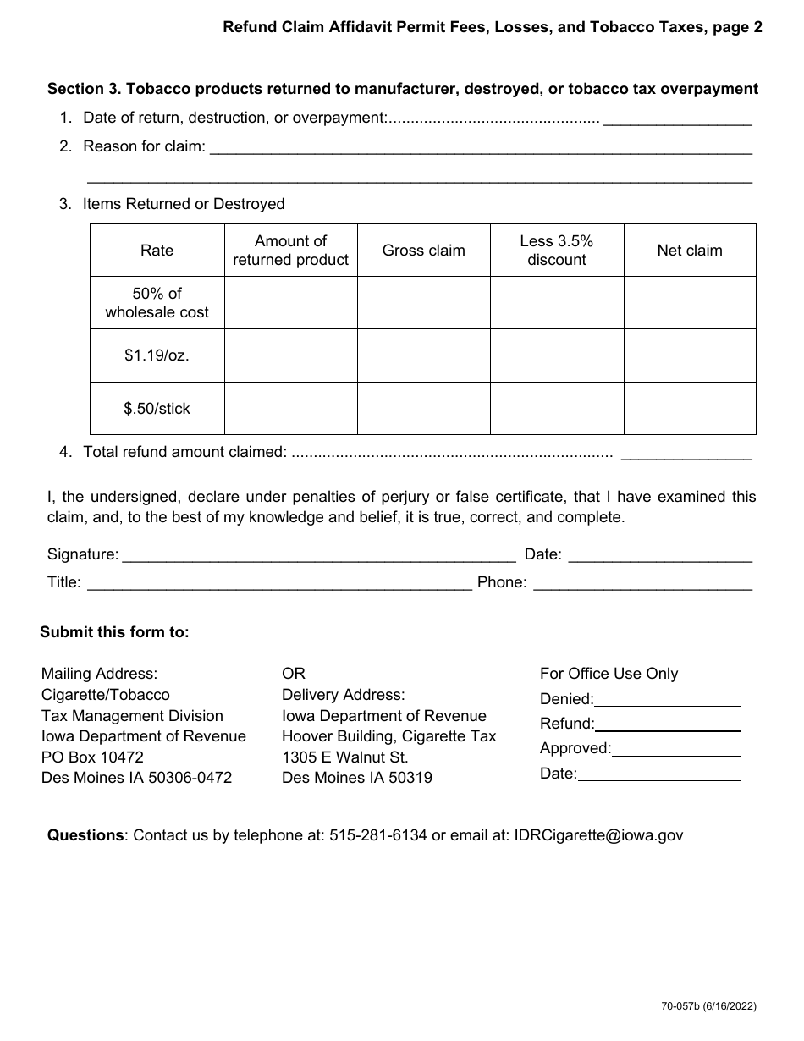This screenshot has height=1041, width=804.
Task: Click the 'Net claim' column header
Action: tap(690, 251)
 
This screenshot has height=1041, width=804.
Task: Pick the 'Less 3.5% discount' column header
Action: tap(557, 251)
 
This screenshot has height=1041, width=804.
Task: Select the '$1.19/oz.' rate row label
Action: tap(157, 355)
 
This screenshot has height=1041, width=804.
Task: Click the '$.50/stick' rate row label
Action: tap(157, 409)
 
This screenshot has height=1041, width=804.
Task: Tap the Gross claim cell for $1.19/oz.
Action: tap(424, 355)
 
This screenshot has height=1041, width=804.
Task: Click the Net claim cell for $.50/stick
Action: tap(690, 409)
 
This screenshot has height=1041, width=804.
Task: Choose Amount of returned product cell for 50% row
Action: tap(290, 303)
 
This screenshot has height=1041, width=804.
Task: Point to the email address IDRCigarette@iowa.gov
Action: tap(598, 835)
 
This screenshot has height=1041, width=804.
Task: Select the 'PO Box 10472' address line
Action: tap(92, 757)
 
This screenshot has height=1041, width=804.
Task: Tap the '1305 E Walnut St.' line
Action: tap(345, 757)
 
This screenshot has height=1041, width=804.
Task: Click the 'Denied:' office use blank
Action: tap(668, 700)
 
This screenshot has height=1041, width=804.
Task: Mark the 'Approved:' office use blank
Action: tap(676, 749)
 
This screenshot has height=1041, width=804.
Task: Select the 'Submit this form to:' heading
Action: tap(115, 632)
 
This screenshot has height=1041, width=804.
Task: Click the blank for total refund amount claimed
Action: tap(686, 453)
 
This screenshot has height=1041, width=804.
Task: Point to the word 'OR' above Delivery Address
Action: tap(294, 674)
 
